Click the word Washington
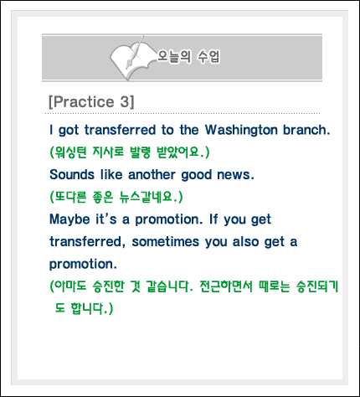pos(241,131)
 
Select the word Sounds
pos(72,174)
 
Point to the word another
pos(152,174)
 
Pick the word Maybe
pos(69,219)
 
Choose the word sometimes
pos(166,241)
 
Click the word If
pos(213,219)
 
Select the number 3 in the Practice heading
pos(125,101)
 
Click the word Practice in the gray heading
pos(84,101)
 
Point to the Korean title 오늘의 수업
pos(188,57)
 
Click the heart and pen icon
pos(131,58)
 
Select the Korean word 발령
pos(140,152)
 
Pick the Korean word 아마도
pos(70,286)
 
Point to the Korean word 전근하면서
pos(226,286)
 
